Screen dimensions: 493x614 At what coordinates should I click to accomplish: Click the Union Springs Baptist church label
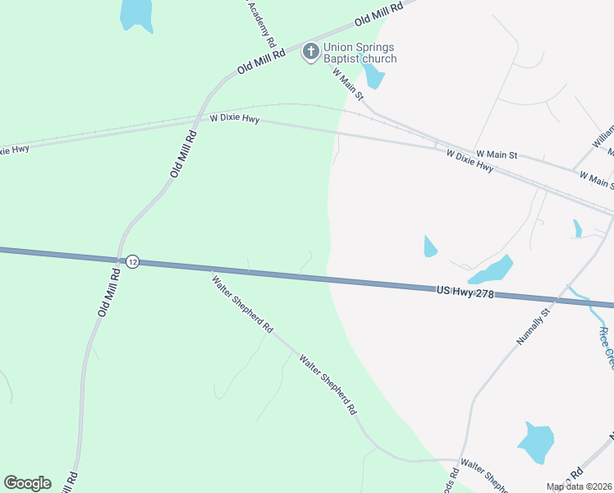tap(360, 53)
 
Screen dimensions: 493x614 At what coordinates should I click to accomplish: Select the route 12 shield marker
tap(133, 261)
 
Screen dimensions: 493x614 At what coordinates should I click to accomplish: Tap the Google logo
tap(27, 483)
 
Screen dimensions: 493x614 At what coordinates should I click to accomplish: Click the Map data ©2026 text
tap(579, 486)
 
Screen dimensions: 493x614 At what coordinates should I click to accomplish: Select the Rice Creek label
tap(604, 345)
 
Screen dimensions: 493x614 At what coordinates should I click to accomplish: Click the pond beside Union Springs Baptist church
tap(374, 76)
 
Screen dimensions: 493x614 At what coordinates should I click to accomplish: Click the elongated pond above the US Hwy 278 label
tap(491, 270)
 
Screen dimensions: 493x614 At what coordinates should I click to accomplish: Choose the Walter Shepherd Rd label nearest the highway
tap(242, 302)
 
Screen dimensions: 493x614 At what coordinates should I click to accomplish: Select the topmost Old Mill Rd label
tap(379, 13)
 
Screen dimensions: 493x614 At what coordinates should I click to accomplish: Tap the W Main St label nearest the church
tap(348, 84)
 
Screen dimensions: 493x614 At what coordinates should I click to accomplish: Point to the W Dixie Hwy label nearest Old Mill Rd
tap(235, 119)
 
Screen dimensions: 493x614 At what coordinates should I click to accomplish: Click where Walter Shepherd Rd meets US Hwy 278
tap(211, 270)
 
